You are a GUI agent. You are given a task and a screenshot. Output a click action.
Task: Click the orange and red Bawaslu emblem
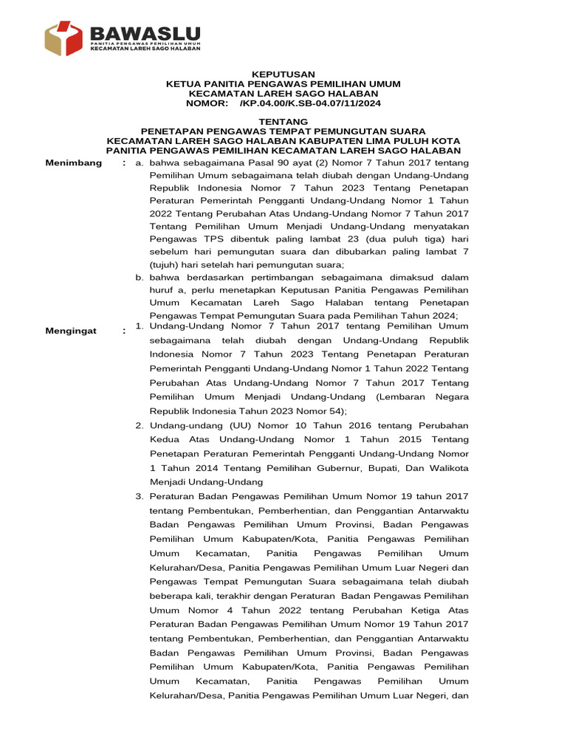click(x=64, y=38)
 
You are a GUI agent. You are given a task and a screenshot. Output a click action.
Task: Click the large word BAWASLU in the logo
click(x=145, y=33)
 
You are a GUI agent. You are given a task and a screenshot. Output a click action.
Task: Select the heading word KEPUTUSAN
click(x=283, y=75)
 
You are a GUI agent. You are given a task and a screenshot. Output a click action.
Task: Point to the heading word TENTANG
click(x=283, y=121)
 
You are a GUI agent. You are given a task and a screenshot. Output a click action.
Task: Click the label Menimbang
click(x=74, y=162)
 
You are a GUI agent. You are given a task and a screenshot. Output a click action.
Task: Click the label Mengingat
click(x=72, y=331)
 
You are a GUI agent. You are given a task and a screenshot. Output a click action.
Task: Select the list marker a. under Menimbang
click(x=140, y=163)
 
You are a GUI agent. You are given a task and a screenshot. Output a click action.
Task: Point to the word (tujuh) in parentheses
click(x=165, y=264)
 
